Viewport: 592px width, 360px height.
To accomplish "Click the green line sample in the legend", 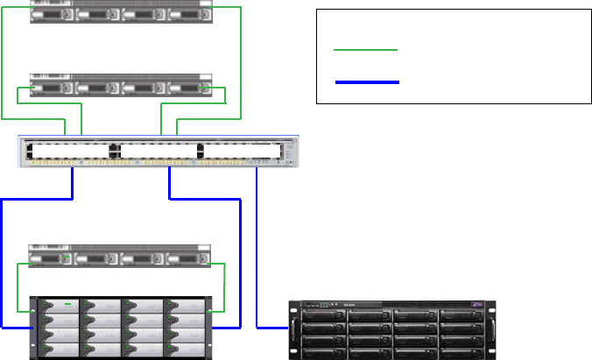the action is pyautogui.click(x=366, y=50).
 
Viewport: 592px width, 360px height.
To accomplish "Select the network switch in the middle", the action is pyautogui.click(x=158, y=152).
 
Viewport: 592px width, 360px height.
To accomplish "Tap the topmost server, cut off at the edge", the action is pyautogui.click(x=122, y=11).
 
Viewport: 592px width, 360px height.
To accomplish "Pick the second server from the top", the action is pyautogui.click(x=122, y=86).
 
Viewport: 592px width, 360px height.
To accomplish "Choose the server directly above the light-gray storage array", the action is pyautogui.click(x=122, y=257).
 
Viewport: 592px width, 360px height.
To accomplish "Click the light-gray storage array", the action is pyautogui.click(x=122, y=328).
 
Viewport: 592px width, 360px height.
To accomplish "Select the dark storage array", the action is pyautogui.click(x=391, y=329).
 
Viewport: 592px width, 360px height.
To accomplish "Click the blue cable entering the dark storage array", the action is pyautogui.click(x=257, y=254).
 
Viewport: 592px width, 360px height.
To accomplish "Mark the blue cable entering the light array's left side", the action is pyautogui.click(x=3, y=263).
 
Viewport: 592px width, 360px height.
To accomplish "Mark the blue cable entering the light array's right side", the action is pyautogui.click(x=240, y=263).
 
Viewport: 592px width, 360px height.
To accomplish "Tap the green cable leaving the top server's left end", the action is pyautogui.click(x=4, y=61).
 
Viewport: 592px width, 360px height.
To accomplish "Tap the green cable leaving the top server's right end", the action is pyautogui.click(x=240, y=61).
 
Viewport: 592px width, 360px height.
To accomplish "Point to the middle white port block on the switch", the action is pyautogui.click(x=158, y=151).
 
